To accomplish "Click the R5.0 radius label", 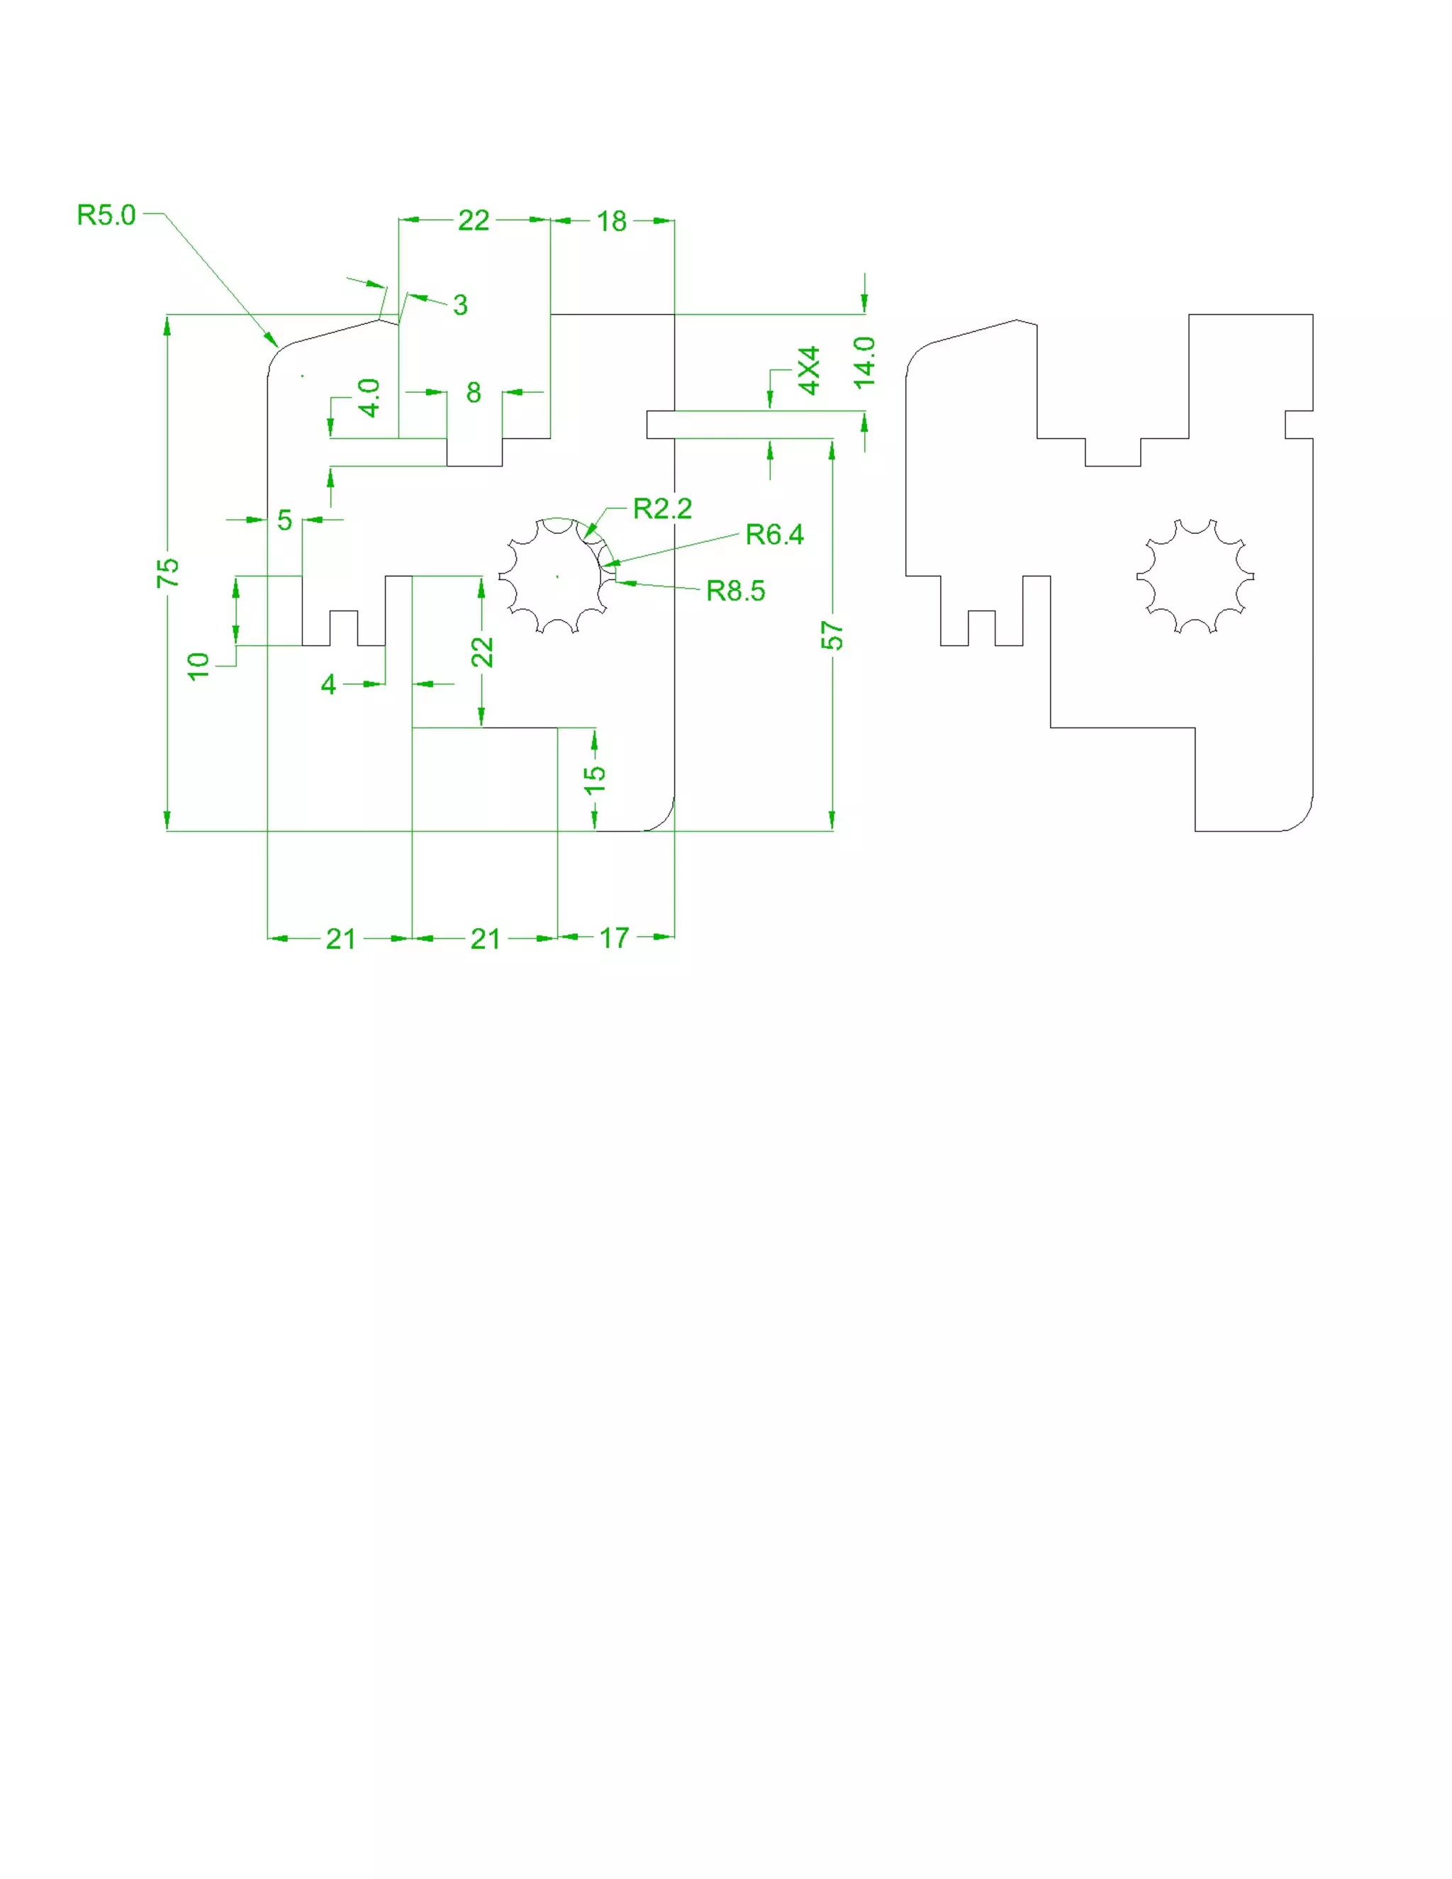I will click(x=106, y=214).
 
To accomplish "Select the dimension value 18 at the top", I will click(x=612, y=221).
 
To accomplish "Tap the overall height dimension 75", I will click(x=169, y=572).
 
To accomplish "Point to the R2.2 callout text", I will click(x=661, y=508).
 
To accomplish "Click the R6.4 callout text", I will click(x=774, y=535).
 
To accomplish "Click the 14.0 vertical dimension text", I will click(x=864, y=362).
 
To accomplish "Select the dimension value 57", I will click(x=832, y=636).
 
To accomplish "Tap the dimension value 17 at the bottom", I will click(x=614, y=938).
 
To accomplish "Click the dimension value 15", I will click(x=594, y=778).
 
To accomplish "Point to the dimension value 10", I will click(x=199, y=666).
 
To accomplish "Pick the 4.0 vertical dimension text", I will click(x=369, y=398).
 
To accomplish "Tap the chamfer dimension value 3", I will click(x=460, y=305).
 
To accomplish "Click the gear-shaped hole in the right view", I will click(x=1195, y=576).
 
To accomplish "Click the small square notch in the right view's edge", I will click(x=1297, y=425).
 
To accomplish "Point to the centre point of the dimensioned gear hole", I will click(x=557, y=576).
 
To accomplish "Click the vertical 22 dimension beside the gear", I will click(x=481, y=652).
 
